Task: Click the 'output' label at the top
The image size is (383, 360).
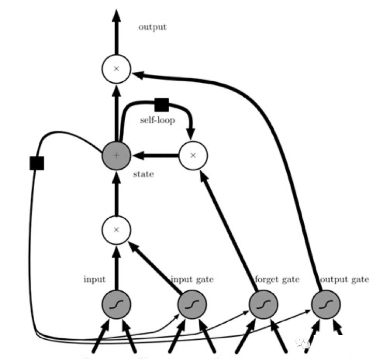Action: point(152,27)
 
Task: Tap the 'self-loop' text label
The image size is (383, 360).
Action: point(157,120)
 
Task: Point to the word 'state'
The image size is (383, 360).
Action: point(143,174)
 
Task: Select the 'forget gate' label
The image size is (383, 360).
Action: point(277,279)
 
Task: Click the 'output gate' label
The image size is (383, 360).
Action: point(344,279)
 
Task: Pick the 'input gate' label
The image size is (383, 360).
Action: point(192,279)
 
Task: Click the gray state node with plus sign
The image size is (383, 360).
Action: point(116,155)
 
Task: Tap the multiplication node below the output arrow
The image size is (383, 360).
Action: point(116,69)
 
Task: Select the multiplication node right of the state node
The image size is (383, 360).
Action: point(193,155)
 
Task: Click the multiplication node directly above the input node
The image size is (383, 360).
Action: point(116,230)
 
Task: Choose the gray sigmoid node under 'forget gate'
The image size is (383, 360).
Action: point(263,304)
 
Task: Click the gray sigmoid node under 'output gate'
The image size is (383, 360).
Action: point(326,304)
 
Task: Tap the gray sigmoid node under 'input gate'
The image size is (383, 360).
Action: point(192,304)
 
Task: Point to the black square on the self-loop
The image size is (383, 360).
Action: point(161,105)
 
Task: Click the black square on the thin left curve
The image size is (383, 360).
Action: point(37,163)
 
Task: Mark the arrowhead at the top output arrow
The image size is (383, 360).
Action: point(116,16)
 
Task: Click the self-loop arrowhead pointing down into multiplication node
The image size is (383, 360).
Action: point(191,134)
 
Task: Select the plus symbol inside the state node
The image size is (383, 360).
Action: point(116,155)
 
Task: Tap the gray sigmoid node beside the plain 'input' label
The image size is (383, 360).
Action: point(116,304)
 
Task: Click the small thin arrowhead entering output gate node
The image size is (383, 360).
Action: point(308,311)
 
